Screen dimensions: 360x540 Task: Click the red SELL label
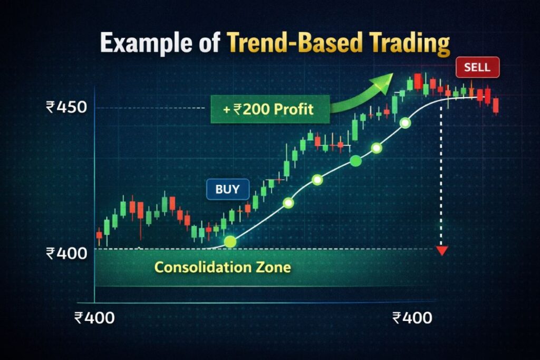click(x=477, y=67)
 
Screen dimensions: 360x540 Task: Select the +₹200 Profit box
click(x=269, y=109)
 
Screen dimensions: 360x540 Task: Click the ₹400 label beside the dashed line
click(x=66, y=254)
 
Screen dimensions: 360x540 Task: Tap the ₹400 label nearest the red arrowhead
click(x=412, y=317)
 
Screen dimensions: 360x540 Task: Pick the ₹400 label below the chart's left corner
click(x=95, y=317)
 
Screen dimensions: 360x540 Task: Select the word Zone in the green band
click(x=277, y=267)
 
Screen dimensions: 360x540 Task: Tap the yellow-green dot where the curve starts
click(x=230, y=242)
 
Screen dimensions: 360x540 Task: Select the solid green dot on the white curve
click(x=355, y=161)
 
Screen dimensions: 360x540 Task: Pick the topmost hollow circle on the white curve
click(x=405, y=123)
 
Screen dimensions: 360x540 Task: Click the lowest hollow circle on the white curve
click(x=288, y=202)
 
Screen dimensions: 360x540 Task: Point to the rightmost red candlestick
click(x=496, y=105)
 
